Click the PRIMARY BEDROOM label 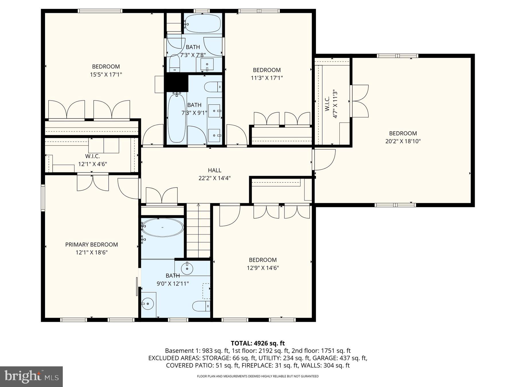[x=91, y=245]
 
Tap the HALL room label [x=214, y=170]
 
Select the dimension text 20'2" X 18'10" [x=403, y=141]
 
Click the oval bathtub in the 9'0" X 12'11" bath [x=163, y=228]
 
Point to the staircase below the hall [x=198, y=231]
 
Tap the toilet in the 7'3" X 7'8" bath [x=174, y=64]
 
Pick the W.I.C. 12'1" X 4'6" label [x=92, y=160]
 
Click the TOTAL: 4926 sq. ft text [x=258, y=343]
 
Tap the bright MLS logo [x=31, y=376]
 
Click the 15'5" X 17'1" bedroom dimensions [x=106, y=75]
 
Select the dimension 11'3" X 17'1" [x=267, y=78]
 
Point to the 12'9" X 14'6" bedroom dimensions [x=263, y=268]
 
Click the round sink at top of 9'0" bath [x=187, y=269]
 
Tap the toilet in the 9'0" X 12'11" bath [x=201, y=306]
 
